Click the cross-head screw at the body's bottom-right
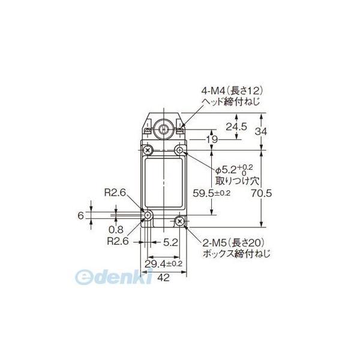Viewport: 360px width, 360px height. tap(180, 223)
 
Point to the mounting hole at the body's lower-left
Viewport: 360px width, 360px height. tap(148, 215)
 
